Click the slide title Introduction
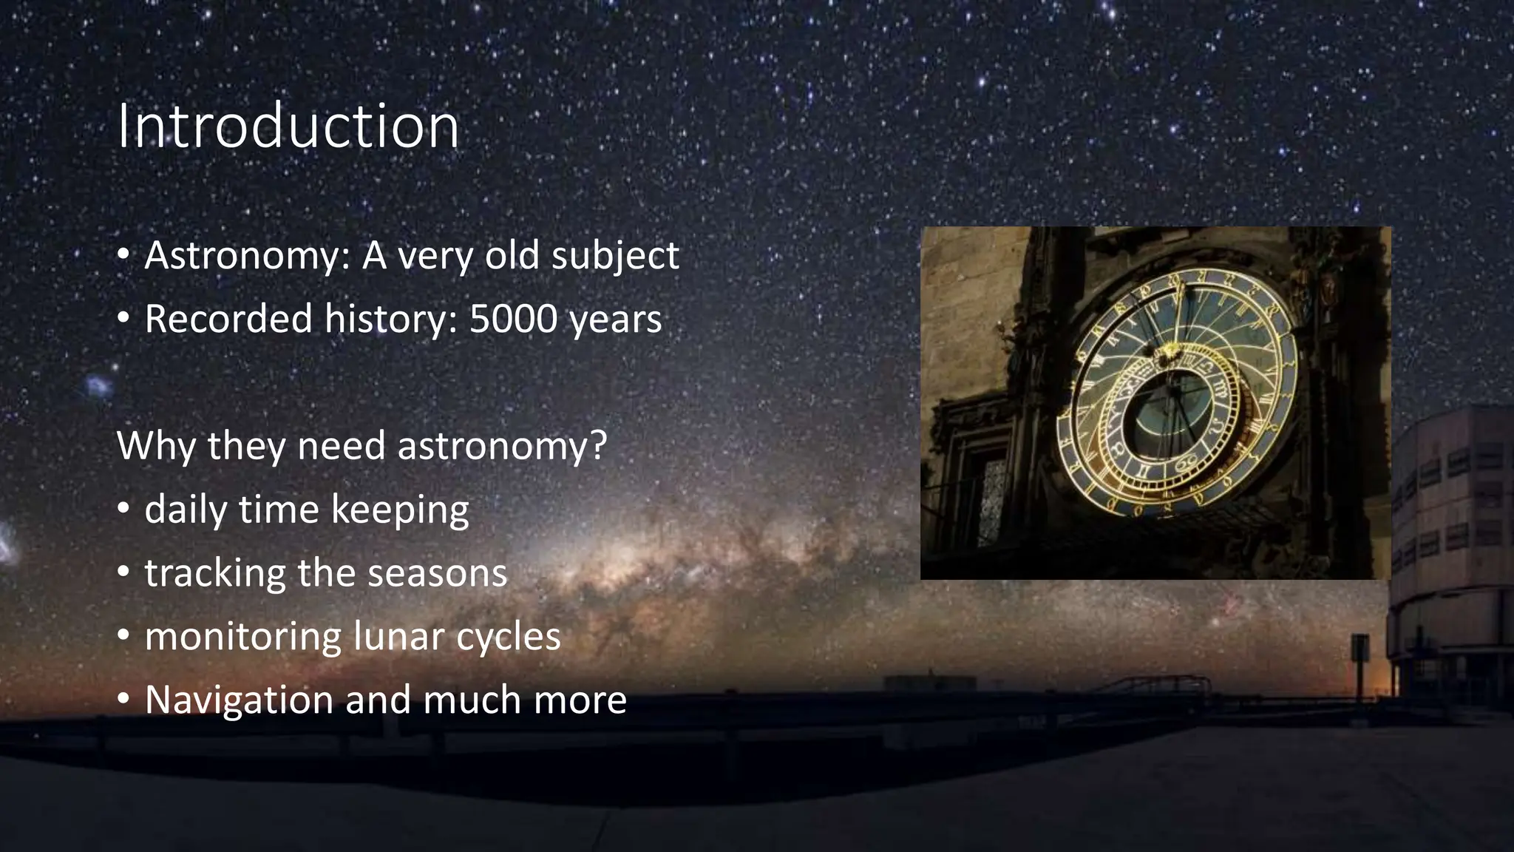288,126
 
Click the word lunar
400,637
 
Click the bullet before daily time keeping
124,509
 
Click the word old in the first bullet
512,256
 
